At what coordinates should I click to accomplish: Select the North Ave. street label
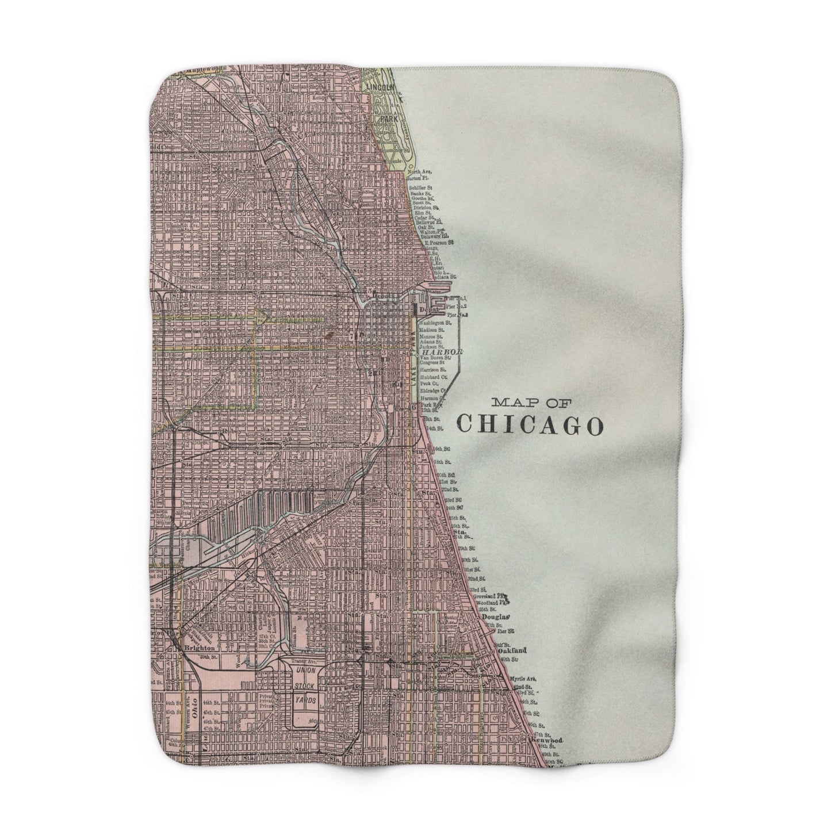[419, 156]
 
